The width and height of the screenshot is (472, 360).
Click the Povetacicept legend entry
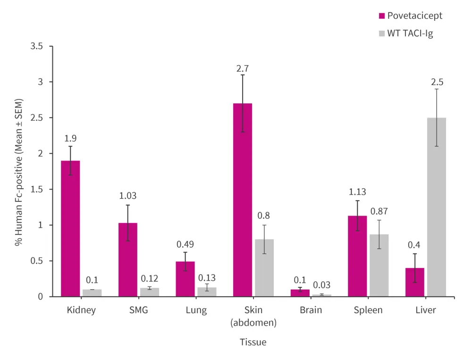coord(411,16)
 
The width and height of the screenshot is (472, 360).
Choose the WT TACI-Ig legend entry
coord(406,34)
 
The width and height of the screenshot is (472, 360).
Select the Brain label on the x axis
coord(311,310)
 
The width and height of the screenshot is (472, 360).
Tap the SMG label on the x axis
coord(138,310)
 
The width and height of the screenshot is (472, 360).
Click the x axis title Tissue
coord(253,342)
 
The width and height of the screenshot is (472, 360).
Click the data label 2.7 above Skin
coord(243,68)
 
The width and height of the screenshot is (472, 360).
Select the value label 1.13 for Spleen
coord(358,192)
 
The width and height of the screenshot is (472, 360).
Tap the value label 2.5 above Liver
coord(437,82)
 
